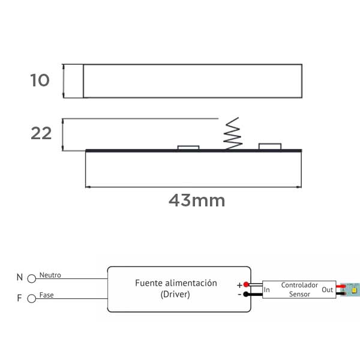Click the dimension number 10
click(x=40, y=80)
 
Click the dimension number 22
click(x=41, y=133)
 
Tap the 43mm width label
click(x=197, y=200)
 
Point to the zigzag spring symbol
click(x=233, y=134)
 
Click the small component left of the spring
click(x=188, y=148)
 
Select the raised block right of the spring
click(x=270, y=146)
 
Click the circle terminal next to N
click(x=31, y=279)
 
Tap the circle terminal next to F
click(x=31, y=299)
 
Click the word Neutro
click(x=50, y=275)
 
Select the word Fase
click(x=46, y=295)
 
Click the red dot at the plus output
click(x=246, y=284)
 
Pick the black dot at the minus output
click(x=246, y=294)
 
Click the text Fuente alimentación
click(x=176, y=283)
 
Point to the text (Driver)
click(x=175, y=294)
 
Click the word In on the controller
click(x=266, y=290)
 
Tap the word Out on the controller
click(x=327, y=290)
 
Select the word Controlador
click(x=299, y=285)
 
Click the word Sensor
click(x=299, y=294)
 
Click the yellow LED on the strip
click(x=354, y=290)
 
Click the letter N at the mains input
click(x=20, y=277)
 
